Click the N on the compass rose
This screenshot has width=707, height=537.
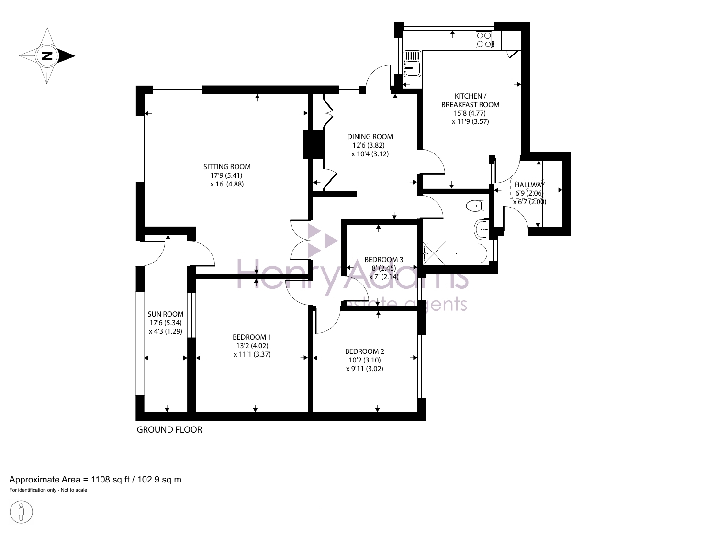click(x=47, y=55)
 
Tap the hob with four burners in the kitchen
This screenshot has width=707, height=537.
click(x=484, y=40)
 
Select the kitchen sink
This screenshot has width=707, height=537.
click(x=412, y=64)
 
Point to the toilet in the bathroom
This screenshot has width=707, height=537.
click(x=474, y=206)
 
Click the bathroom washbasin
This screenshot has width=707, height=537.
click(x=481, y=230)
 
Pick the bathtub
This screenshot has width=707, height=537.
click(x=455, y=253)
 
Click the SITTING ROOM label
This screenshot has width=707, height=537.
click(x=227, y=167)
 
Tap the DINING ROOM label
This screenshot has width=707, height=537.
click(x=370, y=136)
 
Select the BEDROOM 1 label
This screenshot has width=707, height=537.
click(x=252, y=337)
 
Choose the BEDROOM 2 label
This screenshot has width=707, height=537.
click(x=365, y=351)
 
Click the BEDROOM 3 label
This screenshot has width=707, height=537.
click(x=383, y=259)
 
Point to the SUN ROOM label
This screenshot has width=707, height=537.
click(x=166, y=314)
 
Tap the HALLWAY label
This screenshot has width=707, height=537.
click(x=529, y=185)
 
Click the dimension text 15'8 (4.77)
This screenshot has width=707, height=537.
click(x=470, y=113)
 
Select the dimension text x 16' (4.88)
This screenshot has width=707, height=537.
click(x=227, y=184)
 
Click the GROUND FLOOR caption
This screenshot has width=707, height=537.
click(x=169, y=429)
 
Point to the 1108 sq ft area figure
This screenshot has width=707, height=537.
click(x=110, y=480)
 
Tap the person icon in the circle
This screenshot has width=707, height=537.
click(x=21, y=512)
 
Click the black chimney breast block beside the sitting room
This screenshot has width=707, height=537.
click(x=313, y=144)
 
